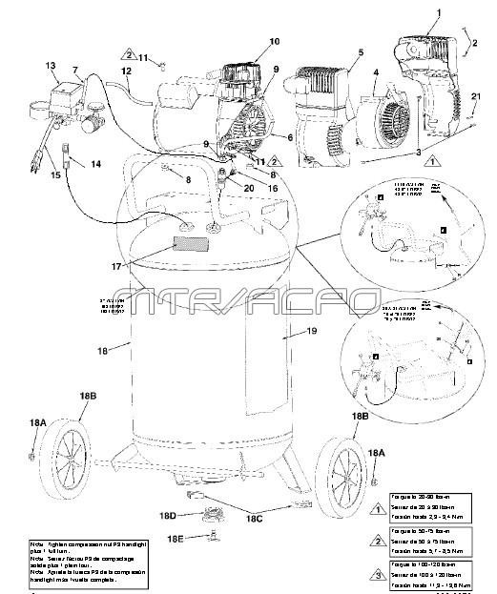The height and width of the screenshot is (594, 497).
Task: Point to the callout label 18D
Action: coord(168,516)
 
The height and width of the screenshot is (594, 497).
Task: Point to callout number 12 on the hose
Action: coord(125,71)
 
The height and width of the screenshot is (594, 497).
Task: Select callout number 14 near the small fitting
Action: coord(95,165)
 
